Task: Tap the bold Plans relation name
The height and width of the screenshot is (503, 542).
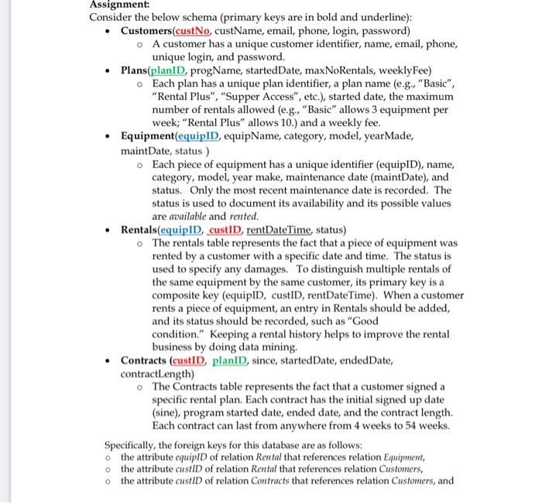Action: tap(139, 70)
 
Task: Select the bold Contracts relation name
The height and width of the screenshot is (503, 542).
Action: tap(144, 361)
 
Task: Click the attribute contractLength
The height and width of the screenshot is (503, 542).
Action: tap(157, 374)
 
